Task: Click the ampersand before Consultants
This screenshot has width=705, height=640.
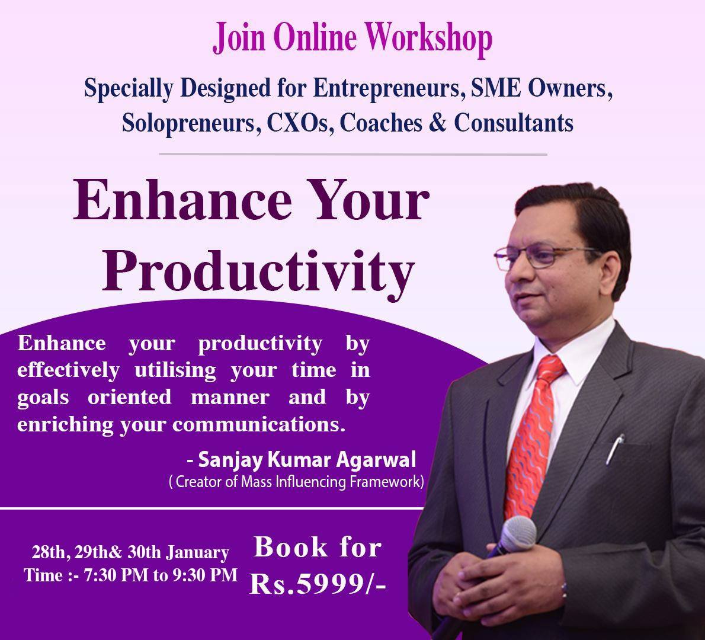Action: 437,122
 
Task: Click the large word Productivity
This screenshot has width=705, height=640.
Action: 258,271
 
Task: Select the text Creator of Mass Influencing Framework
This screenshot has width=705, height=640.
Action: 298,482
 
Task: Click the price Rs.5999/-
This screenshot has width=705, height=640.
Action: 318,584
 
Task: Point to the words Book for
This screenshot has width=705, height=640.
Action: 318,548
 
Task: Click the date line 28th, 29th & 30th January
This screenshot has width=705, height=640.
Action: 130,552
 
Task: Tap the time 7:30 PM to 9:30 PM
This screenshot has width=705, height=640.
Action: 161,575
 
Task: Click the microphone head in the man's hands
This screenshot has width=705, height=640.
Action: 518,533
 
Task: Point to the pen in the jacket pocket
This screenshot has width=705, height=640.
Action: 615,449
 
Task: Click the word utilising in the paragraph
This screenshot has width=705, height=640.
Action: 175,371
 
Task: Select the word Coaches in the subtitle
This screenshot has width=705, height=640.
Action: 381,123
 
